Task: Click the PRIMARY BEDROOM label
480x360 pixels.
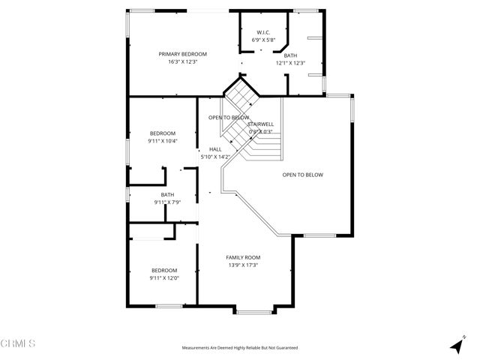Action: [x=182, y=54]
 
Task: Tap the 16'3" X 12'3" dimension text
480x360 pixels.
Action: [x=182, y=61]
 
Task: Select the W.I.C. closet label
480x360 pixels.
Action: [x=262, y=32]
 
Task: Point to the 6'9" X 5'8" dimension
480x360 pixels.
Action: [x=262, y=40]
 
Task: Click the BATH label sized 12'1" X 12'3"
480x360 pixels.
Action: [x=289, y=55]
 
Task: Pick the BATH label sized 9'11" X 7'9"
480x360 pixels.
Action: [x=166, y=194]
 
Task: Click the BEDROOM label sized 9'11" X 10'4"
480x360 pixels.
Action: [x=163, y=133]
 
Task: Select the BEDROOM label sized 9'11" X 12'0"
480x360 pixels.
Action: [x=164, y=270]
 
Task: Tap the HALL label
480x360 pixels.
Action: [x=215, y=149]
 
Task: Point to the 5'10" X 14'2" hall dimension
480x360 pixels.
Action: [x=215, y=157]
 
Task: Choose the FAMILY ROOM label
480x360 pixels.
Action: [x=243, y=257]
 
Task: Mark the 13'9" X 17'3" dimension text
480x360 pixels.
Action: [x=243, y=265]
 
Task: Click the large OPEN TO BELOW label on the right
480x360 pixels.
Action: [x=302, y=175]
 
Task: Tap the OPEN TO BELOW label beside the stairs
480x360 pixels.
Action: [x=229, y=118]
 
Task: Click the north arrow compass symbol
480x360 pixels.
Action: [x=455, y=346]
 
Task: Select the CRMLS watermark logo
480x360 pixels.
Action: [x=18, y=343]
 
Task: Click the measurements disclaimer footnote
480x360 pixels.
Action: [x=240, y=348]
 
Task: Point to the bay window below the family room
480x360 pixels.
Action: [x=254, y=310]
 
